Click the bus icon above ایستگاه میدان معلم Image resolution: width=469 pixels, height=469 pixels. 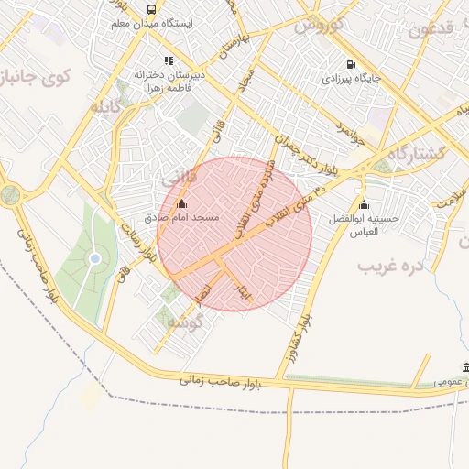152,9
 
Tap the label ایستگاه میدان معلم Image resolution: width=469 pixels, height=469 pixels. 152,24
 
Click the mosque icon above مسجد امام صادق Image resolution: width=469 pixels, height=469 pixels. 181,204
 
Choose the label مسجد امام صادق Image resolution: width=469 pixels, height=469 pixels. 181,219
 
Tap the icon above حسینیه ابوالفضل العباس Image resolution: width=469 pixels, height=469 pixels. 364,204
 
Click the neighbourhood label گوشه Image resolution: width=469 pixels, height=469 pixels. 175,321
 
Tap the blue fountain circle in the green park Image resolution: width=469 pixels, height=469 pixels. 94,260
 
